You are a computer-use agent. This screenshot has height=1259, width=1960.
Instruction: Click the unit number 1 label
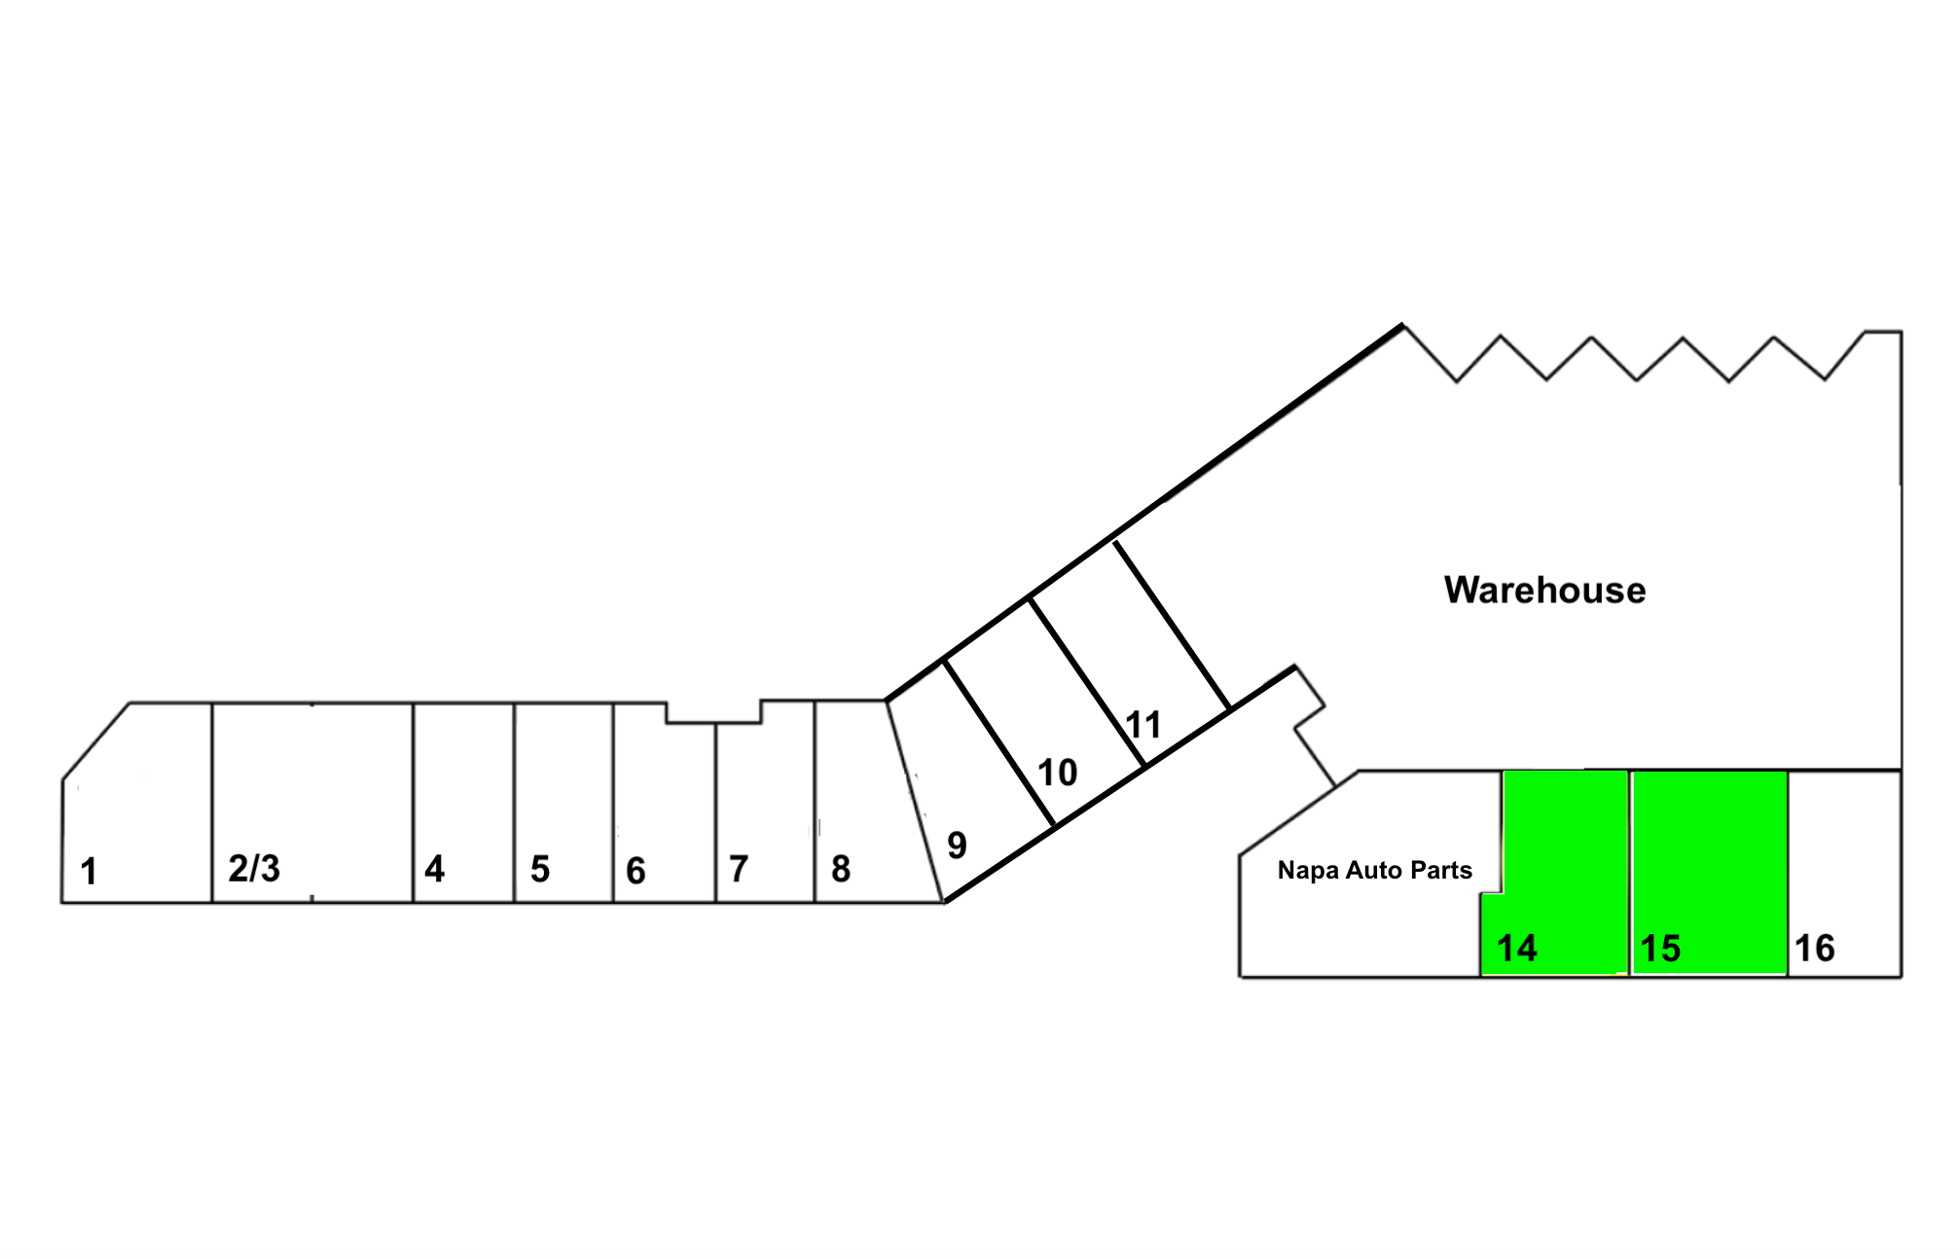click(x=89, y=871)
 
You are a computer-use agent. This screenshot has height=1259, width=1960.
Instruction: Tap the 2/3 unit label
click(x=254, y=868)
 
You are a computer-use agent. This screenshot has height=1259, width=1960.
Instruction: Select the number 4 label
click(x=434, y=869)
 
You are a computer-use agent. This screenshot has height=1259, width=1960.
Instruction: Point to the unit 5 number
click(x=540, y=869)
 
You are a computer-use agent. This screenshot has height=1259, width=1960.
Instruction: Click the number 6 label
click(x=635, y=871)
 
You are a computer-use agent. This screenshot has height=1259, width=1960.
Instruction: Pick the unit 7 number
click(x=739, y=869)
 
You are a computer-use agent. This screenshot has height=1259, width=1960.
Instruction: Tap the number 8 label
click(x=841, y=869)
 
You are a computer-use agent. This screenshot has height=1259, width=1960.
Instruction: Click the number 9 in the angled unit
click(x=957, y=845)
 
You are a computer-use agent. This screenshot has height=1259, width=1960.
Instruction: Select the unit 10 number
click(x=1057, y=773)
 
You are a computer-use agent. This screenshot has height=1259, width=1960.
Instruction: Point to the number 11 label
click(x=1143, y=725)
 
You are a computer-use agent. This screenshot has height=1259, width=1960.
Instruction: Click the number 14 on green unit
click(x=1516, y=949)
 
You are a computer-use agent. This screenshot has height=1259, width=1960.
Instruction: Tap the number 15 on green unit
click(x=1660, y=949)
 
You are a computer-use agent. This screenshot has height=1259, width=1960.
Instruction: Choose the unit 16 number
click(x=1814, y=949)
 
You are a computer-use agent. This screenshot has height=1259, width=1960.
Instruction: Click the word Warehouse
click(x=1544, y=591)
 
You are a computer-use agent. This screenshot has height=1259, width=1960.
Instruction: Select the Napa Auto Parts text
click(x=1374, y=870)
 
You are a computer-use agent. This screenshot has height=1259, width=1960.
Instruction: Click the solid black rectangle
click(x=333, y=1117)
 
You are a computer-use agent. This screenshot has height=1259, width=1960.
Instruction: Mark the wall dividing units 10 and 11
click(x=1087, y=682)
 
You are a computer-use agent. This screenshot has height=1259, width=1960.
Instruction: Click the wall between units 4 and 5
click(x=514, y=803)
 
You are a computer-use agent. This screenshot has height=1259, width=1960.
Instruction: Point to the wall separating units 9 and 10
click(x=999, y=744)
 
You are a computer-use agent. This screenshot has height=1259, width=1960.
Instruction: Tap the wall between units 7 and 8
click(x=815, y=803)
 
